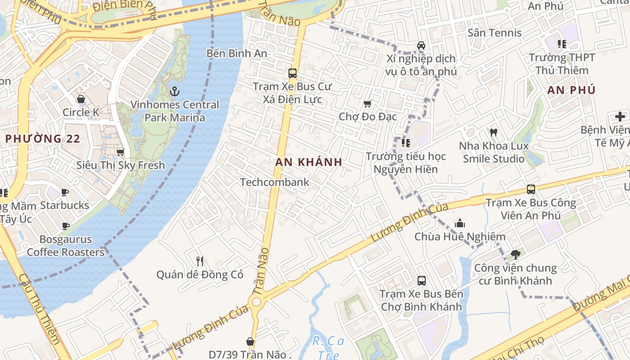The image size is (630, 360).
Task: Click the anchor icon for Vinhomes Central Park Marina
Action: [x=175, y=92]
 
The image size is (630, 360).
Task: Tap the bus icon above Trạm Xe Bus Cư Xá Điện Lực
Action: [x=292, y=73]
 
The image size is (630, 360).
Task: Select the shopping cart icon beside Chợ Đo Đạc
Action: [x=367, y=104]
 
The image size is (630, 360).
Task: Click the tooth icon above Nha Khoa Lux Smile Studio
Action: [x=494, y=133]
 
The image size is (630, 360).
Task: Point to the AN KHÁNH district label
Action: [x=309, y=162]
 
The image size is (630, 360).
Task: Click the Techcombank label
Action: [x=274, y=182]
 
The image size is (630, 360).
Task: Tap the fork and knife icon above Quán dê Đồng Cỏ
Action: [x=200, y=261]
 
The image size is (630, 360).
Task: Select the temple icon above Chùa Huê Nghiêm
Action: [x=459, y=223]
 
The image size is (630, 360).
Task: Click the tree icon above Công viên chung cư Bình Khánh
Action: [x=515, y=255]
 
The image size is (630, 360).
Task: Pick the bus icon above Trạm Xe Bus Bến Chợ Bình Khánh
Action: [x=421, y=281]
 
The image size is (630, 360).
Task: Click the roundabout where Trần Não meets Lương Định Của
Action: [x=257, y=301]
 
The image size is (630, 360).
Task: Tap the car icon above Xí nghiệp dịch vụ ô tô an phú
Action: [x=421, y=45]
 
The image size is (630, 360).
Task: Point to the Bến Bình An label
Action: [x=237, y=53]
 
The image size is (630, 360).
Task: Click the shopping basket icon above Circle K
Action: [x=81, y=99]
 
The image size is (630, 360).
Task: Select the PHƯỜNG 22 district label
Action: [x=43, y=139]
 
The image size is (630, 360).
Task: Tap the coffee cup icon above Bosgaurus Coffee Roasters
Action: [x=66, y=226]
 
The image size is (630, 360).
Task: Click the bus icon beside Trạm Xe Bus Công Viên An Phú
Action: [x=531, y=189]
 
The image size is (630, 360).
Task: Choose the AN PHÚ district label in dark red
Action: [x=571, y=90]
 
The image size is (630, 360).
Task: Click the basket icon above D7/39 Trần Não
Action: [x=250, y=342]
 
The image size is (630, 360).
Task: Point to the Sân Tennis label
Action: [x=495, y=32]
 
